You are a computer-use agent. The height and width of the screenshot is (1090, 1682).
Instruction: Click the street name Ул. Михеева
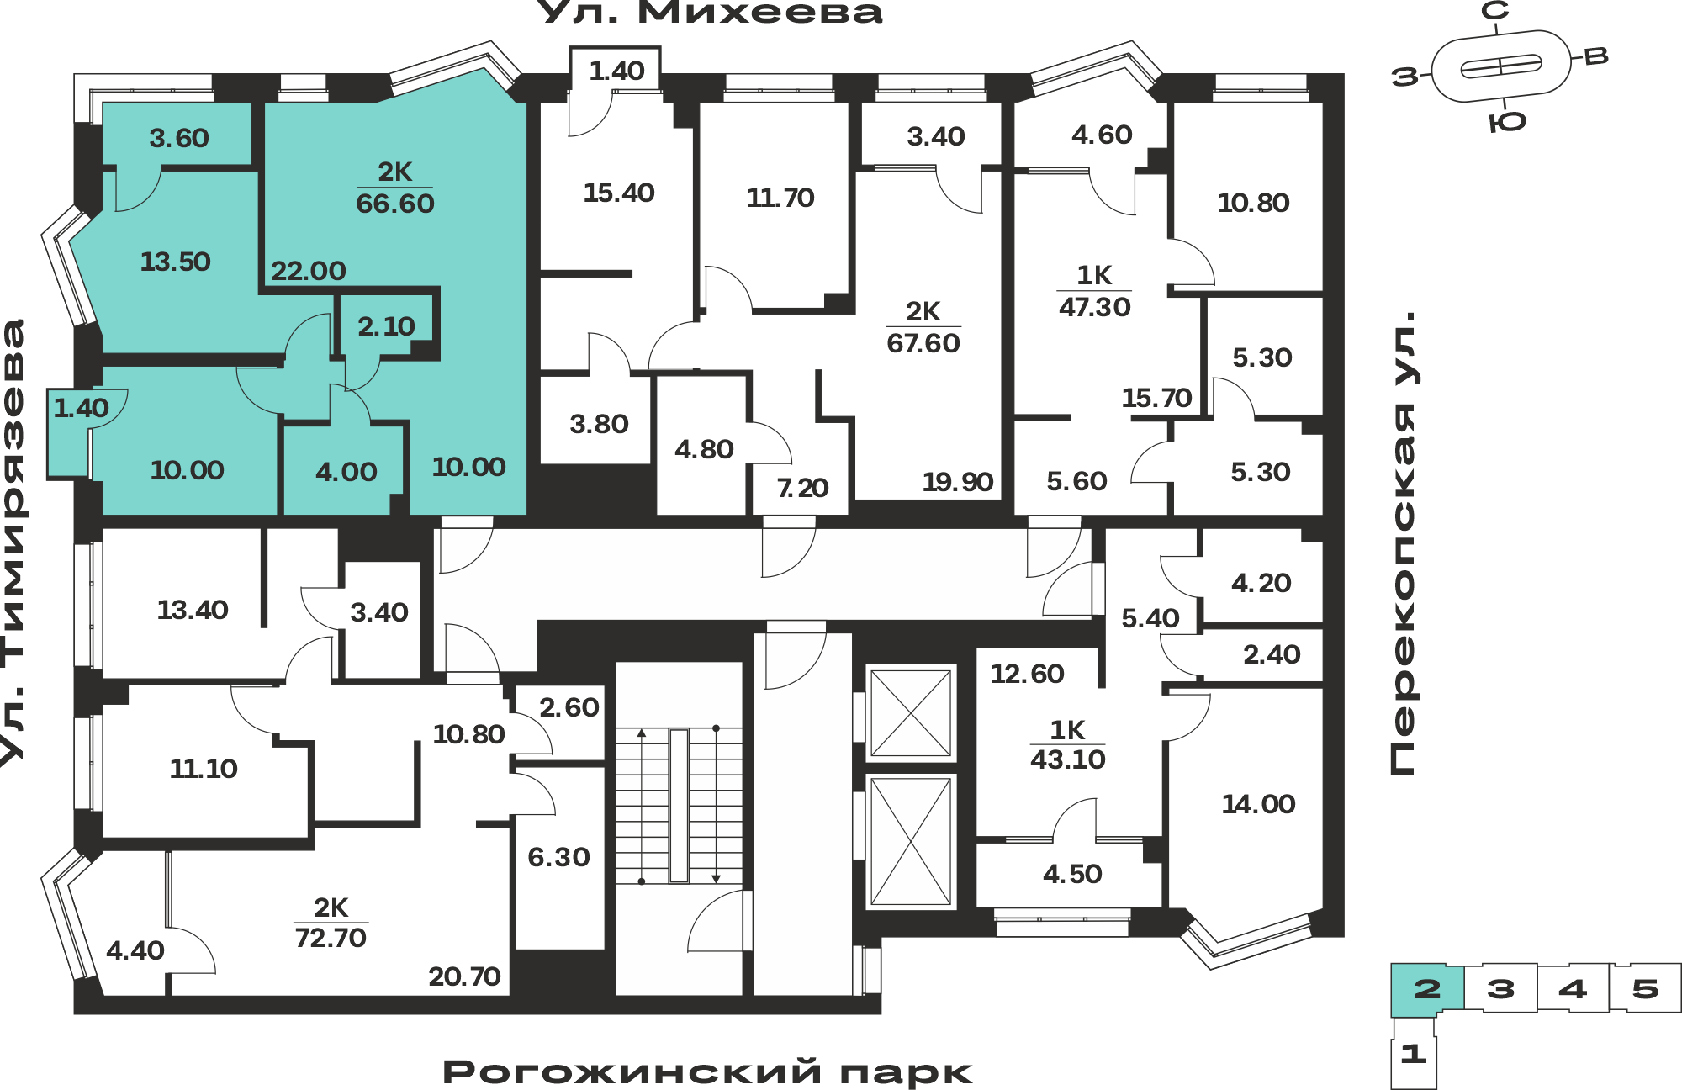coord(709,12)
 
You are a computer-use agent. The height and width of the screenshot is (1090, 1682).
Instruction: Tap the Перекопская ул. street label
coord(1402,543)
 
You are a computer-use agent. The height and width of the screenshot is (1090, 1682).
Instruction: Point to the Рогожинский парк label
coord(707,1072)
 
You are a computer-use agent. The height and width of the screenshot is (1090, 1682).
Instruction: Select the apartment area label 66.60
coord(395,204)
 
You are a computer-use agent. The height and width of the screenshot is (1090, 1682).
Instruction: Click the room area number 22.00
coord(309,271)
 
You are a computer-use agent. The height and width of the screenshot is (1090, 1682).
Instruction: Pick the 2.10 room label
coord(386,326)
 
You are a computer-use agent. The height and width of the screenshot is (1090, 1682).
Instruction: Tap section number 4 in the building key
coord(1573,988)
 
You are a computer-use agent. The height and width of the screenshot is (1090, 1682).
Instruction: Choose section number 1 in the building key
coord(1413,1053)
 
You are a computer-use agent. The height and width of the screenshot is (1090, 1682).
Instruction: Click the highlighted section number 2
coord(1427,989)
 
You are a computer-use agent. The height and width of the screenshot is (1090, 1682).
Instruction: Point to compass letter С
coord(1494,11)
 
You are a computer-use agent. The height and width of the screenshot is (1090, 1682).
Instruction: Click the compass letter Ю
coord(1507,123)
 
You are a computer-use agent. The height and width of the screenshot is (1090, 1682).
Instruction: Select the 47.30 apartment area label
coord(1094,307)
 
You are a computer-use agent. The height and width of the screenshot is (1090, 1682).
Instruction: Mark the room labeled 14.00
coord(1258,804)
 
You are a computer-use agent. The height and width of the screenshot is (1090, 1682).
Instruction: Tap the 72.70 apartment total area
coord(331,937)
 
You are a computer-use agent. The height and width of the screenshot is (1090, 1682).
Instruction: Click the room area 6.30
coord(558,857)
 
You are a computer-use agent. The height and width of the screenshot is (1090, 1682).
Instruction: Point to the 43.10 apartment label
coord(1068,759)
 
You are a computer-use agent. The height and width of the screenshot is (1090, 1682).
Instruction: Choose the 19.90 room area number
coord(958,482)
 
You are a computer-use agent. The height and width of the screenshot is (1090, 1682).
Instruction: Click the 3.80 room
coord(599,424)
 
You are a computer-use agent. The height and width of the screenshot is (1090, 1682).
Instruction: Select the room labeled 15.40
coord(619,193)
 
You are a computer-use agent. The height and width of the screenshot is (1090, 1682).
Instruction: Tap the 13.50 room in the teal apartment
coord(175,262)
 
